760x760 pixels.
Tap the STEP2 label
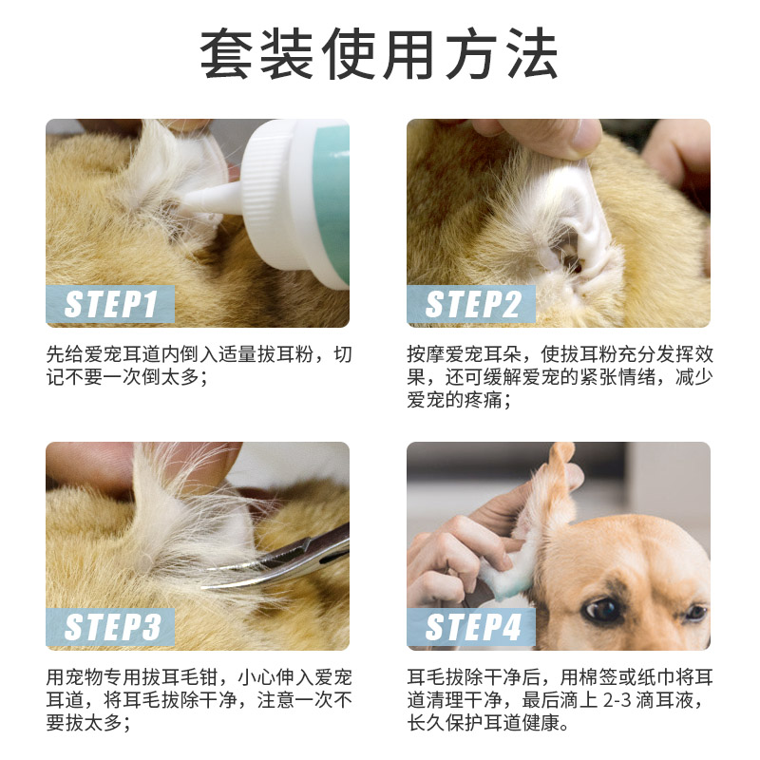point(472,305)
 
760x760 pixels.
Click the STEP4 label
point(472,628)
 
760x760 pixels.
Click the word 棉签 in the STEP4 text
point(601,677)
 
